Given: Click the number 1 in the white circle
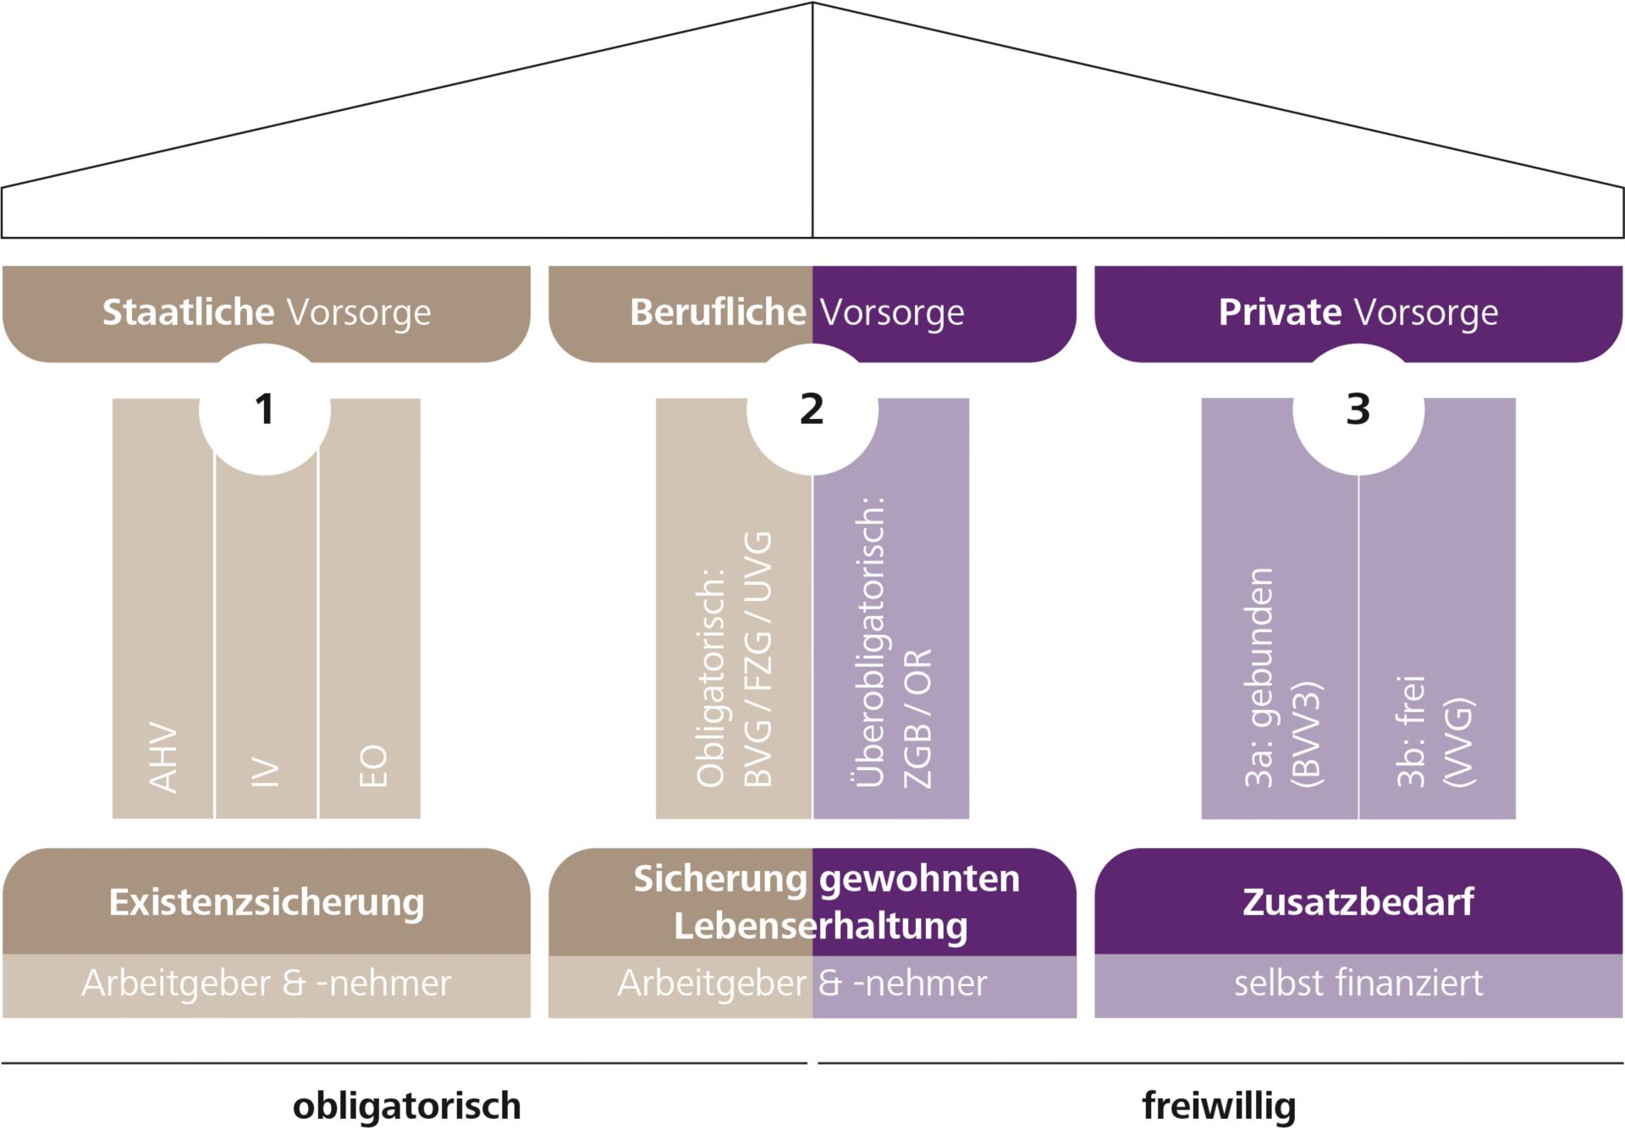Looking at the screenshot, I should [265, 410].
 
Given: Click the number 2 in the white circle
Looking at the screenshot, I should [812, 410].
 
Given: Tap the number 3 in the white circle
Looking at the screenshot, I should [1358, 410].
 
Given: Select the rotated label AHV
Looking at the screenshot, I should [163, 757].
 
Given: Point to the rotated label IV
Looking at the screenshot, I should [266, 772].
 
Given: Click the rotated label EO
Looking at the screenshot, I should [372, 766].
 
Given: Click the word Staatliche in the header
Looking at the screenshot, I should [188, 312].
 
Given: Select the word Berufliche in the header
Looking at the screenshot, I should [718, 312].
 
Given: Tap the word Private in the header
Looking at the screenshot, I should [1279, 312].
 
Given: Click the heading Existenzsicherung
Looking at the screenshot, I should [267, 902].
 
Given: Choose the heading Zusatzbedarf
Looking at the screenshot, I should [1358, 902].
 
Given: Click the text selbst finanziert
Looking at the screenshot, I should [1358, 983].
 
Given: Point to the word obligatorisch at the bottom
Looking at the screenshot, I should [406, 1106].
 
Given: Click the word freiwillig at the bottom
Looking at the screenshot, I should [1219, 1106].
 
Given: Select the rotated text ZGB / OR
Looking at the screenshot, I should [917, 718].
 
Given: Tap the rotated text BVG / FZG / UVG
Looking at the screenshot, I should [757, 659].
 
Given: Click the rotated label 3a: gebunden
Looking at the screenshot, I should [1259, 677].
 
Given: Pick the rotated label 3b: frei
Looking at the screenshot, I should [1410, 731].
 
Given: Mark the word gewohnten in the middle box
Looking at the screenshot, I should [920, 879].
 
